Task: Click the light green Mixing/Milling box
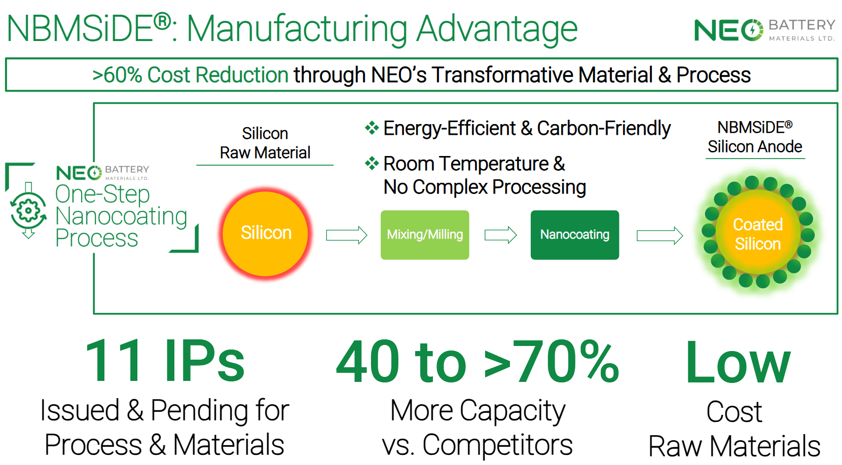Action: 425,235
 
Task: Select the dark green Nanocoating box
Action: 575,235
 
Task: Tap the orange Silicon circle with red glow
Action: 266,234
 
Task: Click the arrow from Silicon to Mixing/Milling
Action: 347,236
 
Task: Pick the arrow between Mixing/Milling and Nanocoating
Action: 501,236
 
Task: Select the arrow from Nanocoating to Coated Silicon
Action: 660,236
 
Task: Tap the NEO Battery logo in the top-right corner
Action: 764,30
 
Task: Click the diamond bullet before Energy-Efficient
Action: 372,128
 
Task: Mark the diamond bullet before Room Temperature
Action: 372,163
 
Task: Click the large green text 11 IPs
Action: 165,361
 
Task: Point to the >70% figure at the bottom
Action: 551,361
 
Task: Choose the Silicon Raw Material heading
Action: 265,143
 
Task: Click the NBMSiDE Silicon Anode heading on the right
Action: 755,137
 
